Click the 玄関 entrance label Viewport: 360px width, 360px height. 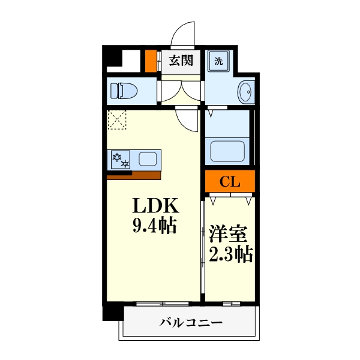[180, 60]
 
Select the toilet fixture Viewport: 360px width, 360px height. [124, 91]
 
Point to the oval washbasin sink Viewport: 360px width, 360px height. [245, 92]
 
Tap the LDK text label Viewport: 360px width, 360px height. [155, 206]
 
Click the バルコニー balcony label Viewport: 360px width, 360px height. [191, 323]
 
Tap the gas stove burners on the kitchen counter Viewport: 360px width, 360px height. [119, 160]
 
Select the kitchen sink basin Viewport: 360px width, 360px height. [148, 159]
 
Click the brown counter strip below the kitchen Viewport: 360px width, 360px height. [134, 176]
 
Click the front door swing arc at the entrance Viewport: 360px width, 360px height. [184, 32]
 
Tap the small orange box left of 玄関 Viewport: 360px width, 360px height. [150, 61]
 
